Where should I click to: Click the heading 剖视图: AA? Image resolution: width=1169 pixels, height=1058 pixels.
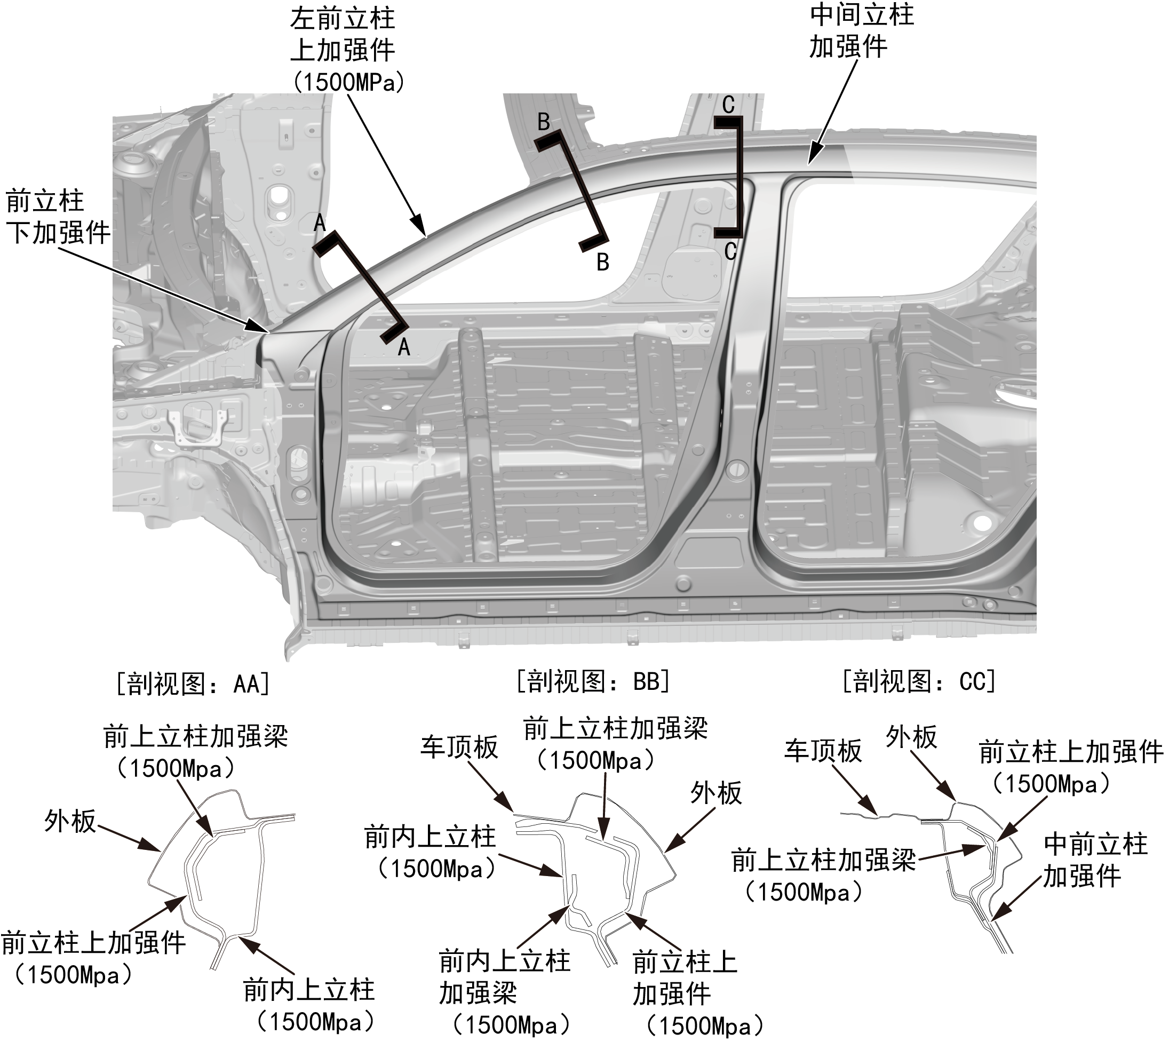[193, 683]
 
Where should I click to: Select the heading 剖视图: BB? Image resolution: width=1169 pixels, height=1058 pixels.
[593, 681]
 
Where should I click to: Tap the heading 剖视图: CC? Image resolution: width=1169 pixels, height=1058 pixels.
[919, 681]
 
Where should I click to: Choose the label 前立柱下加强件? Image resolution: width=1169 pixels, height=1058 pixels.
[58, 217]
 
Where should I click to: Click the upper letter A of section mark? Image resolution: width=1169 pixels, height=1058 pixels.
[320, 223]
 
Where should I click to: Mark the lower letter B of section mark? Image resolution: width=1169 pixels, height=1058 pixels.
[603, 262]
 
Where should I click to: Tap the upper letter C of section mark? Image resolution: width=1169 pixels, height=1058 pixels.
[728, 105]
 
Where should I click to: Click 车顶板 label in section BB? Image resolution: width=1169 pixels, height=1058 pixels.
[459, 747]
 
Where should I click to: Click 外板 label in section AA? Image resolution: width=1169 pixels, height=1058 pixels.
[70, 821]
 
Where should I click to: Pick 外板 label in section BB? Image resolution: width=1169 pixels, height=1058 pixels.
[715, 792]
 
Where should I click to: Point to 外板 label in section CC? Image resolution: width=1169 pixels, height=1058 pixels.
[911, 737]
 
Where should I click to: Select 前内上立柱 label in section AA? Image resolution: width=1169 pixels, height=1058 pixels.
[308, 990]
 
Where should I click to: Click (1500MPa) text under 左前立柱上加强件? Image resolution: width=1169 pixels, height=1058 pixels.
[348, 82]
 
